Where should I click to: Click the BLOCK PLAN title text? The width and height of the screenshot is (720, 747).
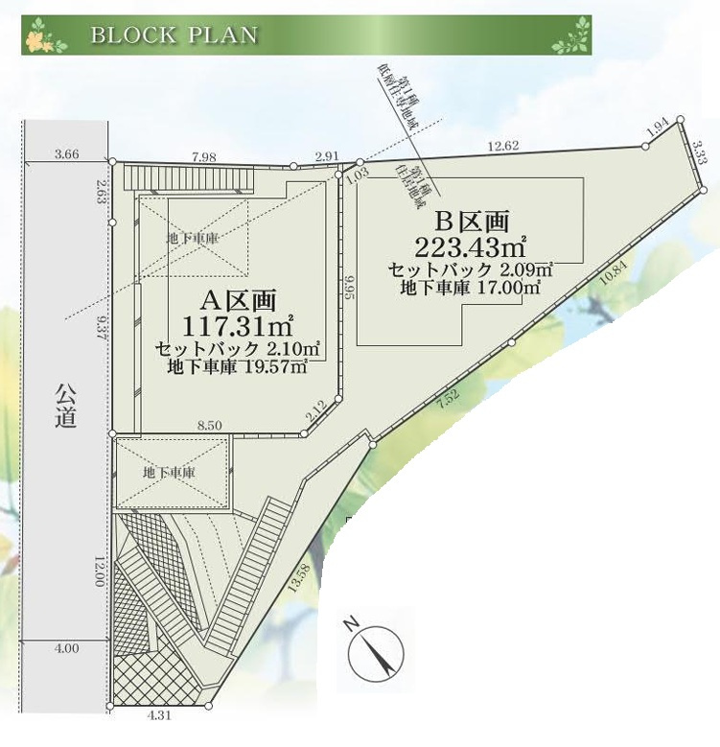click(174, 36)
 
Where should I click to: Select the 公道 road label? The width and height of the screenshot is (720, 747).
click(65, 406)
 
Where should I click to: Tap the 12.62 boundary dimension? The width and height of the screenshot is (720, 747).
click(502, 147)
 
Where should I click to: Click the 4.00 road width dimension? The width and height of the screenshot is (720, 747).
click(66, 649)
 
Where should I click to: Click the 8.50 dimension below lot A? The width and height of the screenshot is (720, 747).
click(210, 425)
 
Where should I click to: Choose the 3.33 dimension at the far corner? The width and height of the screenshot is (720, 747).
click(699, 152)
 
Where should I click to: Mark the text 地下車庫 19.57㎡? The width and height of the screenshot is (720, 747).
click(236, 366)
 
